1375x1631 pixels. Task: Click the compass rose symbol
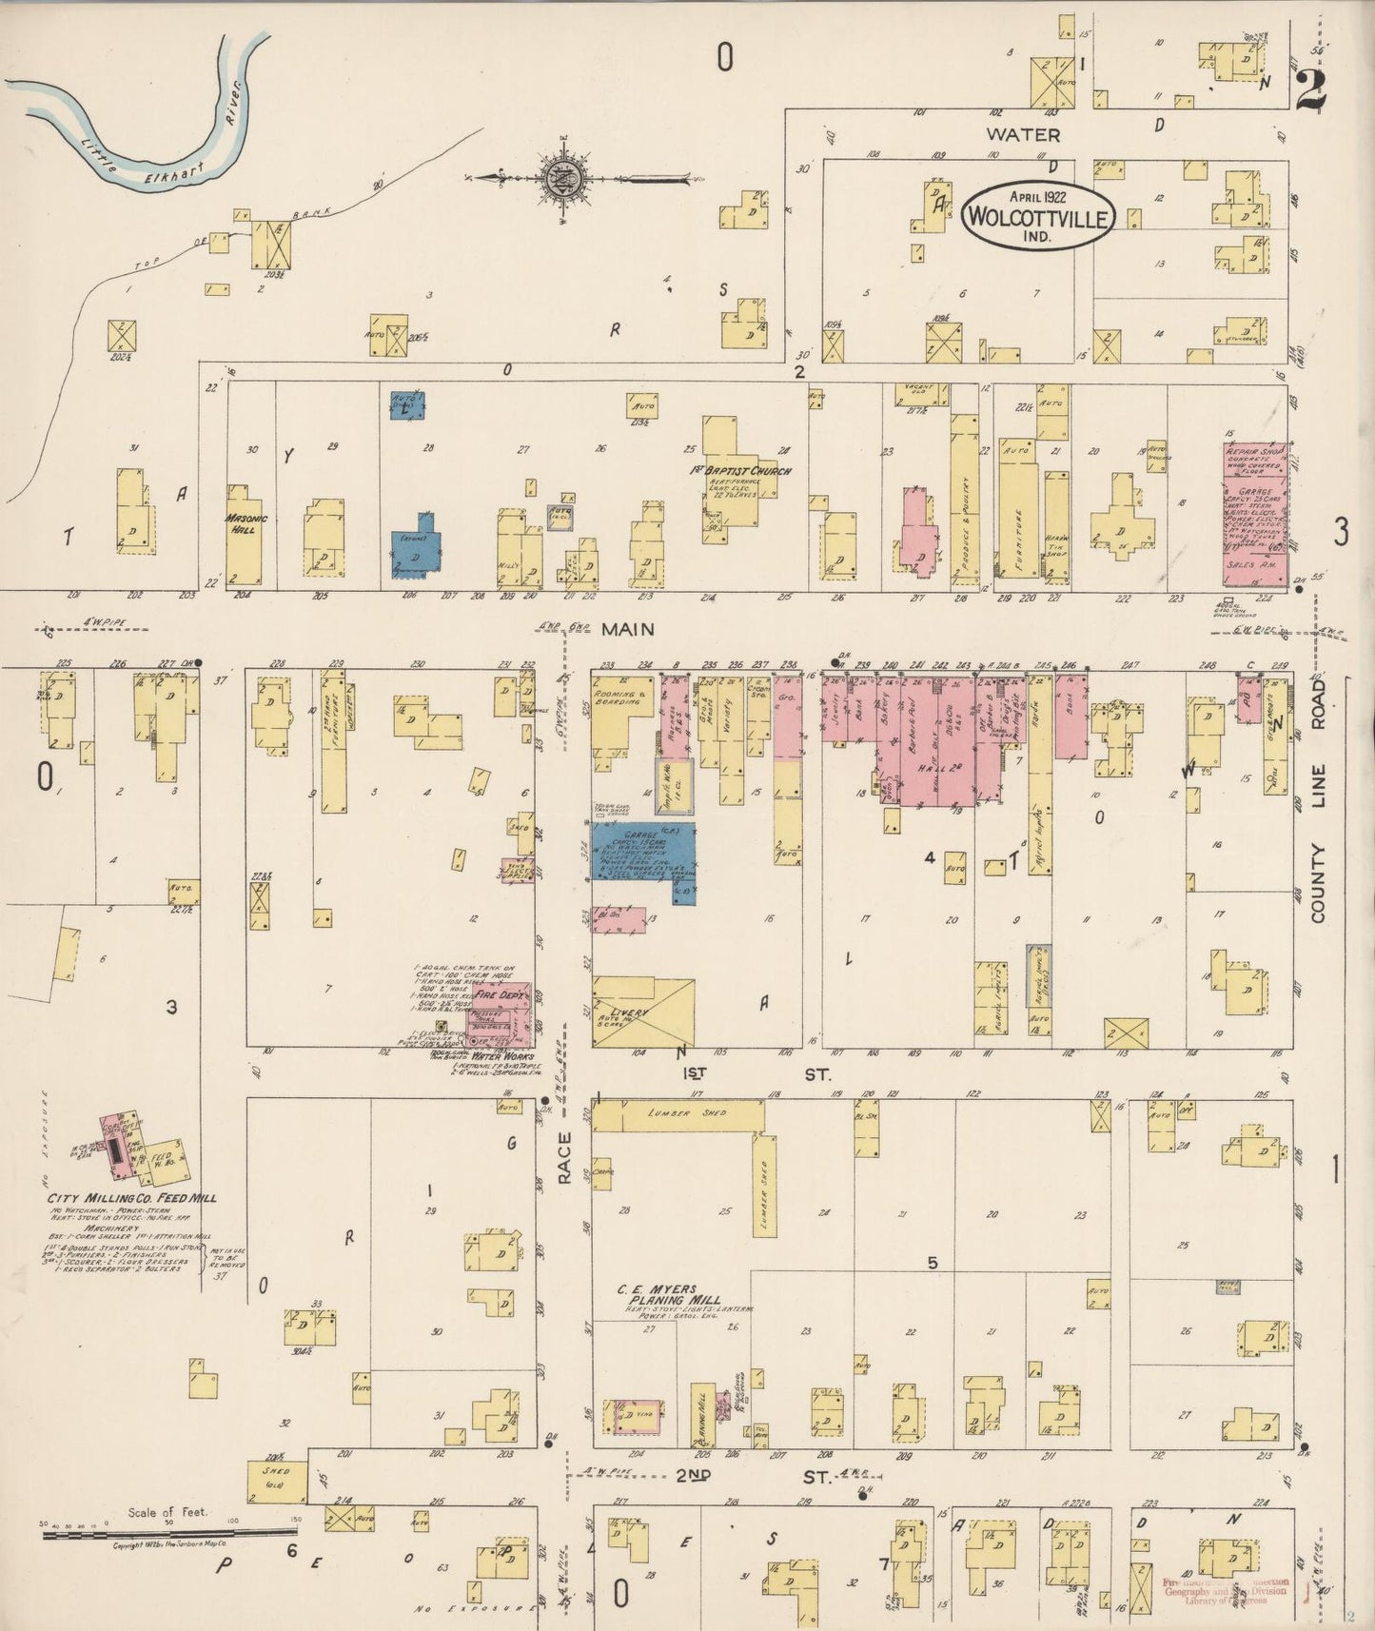coord(565,177)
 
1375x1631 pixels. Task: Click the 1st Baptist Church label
coord(741,471)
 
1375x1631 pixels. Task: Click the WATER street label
coord(1024,134)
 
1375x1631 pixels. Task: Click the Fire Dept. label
coord(507,993)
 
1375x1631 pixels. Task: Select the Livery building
coord(643,1012)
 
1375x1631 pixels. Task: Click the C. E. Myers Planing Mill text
coord(668,1294)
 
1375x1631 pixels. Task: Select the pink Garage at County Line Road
coord(1254,515)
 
